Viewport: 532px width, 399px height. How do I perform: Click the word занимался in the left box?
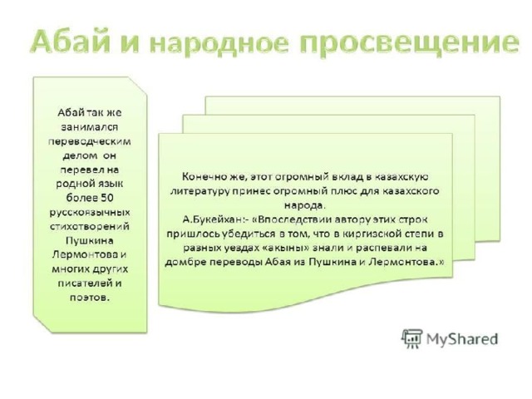(x=89, y=127)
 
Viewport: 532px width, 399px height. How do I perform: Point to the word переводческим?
(x=90, y=141)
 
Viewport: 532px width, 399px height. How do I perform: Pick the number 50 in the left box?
(x=107, y=198)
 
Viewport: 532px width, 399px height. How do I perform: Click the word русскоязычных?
(x=90, y=213)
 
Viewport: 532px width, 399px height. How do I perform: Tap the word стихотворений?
(x=90, y=226)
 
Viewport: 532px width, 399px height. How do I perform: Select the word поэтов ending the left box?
(x=90, y=298)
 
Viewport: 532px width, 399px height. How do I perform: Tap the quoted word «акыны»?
(x=286, y=248)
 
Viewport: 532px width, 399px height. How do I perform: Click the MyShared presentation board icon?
(x=412, y=338)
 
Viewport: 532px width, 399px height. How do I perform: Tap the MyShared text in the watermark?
(x=462, y=339)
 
